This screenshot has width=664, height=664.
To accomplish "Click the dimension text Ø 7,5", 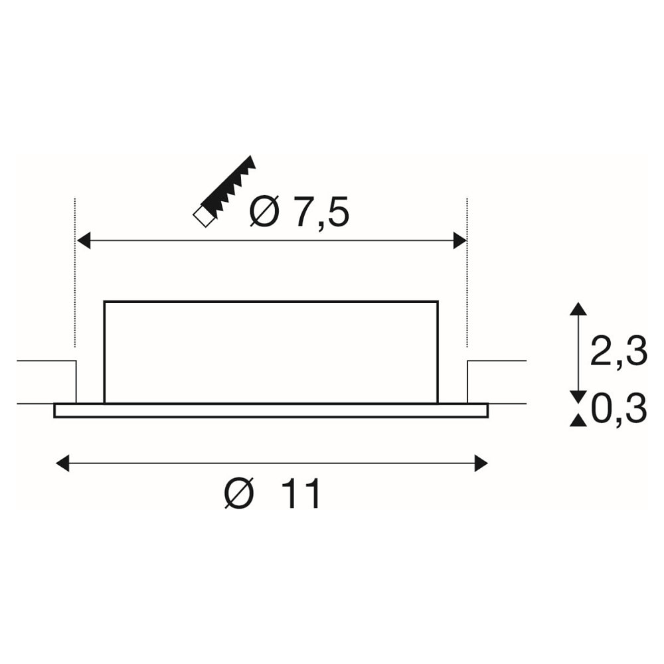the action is (x=299, y=211).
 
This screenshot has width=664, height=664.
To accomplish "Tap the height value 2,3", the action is (x=618, y=351).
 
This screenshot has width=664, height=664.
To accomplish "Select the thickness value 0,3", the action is (x=618, y=409).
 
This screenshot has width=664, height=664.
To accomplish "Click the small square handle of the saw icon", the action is (x=203, y=217).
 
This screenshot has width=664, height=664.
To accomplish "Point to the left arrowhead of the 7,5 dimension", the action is (x=84, y=240).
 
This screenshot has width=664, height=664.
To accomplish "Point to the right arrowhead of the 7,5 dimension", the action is (x=459, y=240).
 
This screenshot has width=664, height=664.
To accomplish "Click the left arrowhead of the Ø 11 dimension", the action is (x=62, y=463).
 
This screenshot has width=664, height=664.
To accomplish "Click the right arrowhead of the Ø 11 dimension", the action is (x=481, y=463).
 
